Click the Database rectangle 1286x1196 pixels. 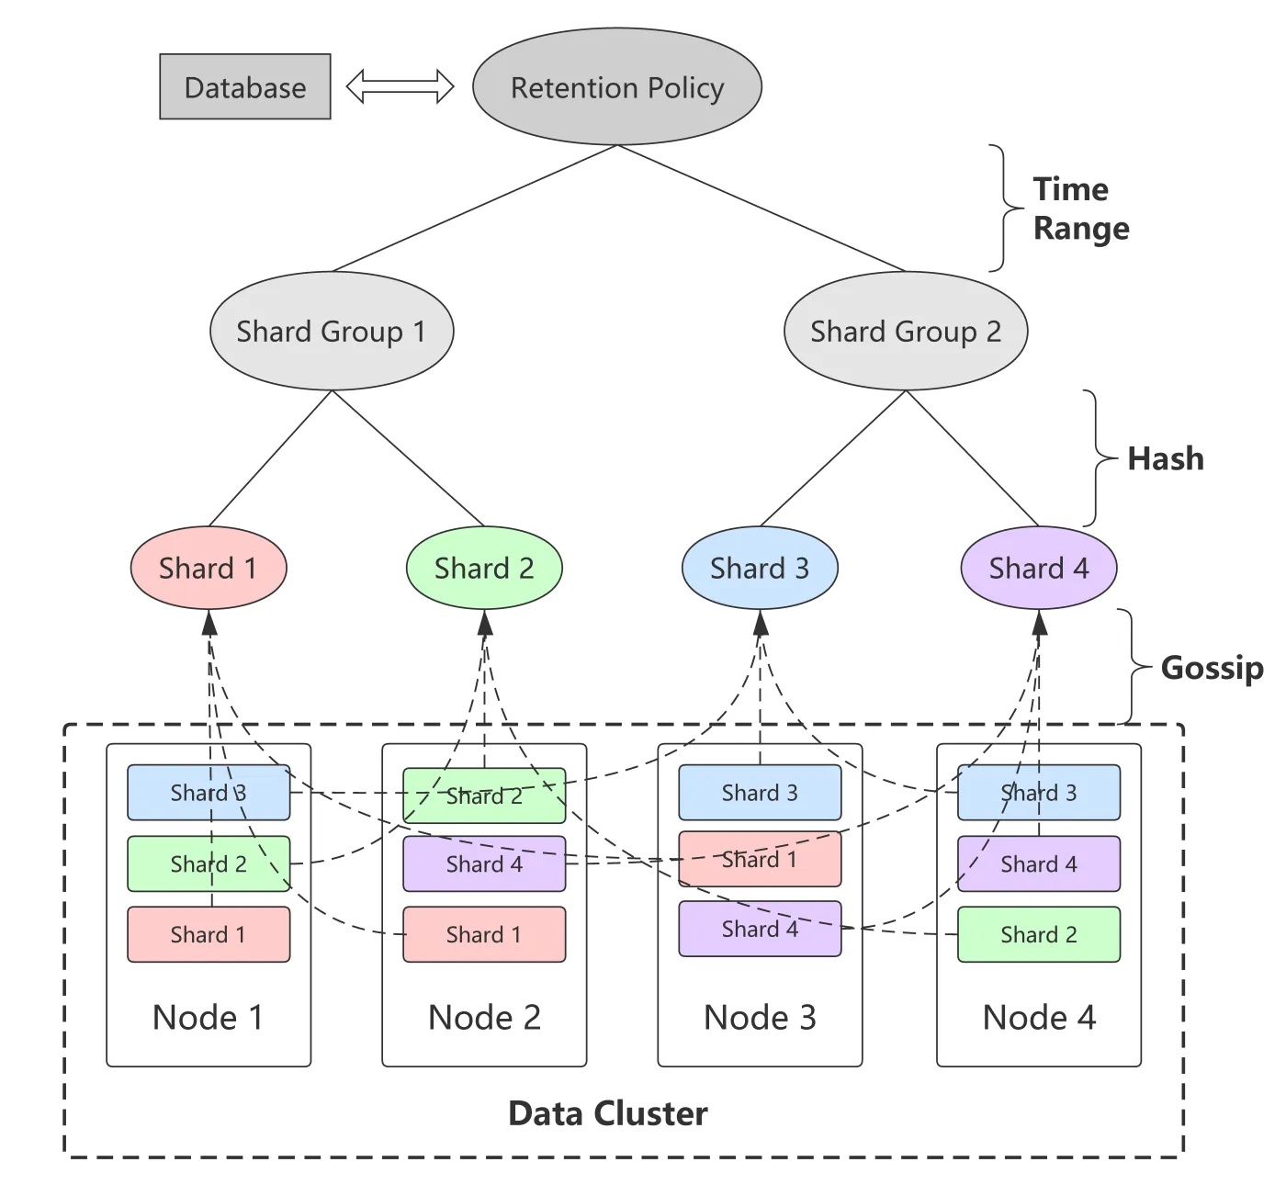click(244, 86)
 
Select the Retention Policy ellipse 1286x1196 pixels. click(616, 86)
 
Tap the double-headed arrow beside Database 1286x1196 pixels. click(400, 86)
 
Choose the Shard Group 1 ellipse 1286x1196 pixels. click(331, 331)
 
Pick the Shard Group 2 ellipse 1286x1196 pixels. click(905, 331)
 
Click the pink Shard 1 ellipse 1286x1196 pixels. click(209, 568)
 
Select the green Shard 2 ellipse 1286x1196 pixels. click(484, 568)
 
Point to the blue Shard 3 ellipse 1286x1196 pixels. click(760, 568)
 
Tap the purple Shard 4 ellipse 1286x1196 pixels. click(1038, 568)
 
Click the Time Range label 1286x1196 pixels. click(1080, 209)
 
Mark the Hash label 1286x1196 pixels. click(1165, 458)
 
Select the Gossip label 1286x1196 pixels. click(1212, 667)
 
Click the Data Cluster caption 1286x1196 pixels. click(607, 1113)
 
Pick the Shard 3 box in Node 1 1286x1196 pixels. click(209, 793)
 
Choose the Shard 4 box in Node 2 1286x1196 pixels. click(484, 863)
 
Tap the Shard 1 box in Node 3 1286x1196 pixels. click(760, 859)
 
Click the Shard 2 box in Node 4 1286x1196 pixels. click(1038, 934)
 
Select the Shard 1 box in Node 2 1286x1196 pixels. click(484, 934)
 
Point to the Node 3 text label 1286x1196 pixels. click(760, 1018)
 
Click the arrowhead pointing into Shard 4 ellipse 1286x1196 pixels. click(1039, 624)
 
